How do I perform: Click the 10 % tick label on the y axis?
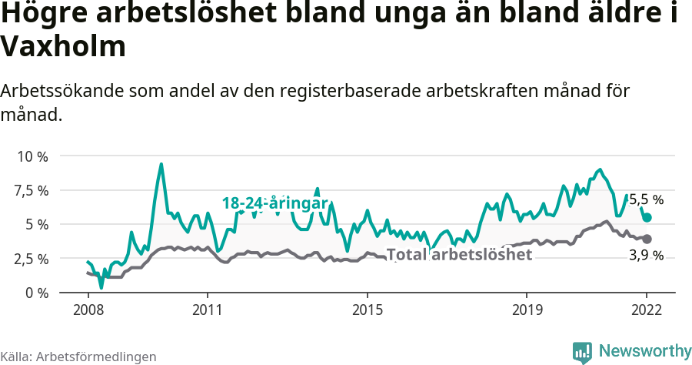click(x=32, y=156)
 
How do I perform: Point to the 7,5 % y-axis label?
click(x=32, y=190)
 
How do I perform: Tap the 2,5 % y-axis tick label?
click(x=32, y=258)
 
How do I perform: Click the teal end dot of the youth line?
click(x=647, y=218)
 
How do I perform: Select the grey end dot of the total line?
click(x=647, y=239)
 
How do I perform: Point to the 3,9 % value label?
click(x=646, y=256)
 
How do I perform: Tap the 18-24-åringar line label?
click(x=275, y=203)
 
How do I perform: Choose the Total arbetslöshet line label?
click(x=459, y=254)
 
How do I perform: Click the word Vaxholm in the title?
click(x=63, y=48)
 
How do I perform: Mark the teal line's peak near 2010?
click(x=161, y=164)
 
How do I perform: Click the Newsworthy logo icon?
click(x=582, y=352)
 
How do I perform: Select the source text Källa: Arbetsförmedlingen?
click(x=78, y=357)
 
